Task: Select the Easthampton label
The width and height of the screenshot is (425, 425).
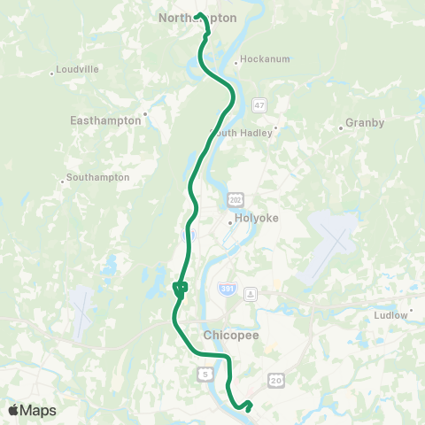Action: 105,120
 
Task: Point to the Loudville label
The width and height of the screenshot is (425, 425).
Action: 76,69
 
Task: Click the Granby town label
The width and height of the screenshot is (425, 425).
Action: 365,123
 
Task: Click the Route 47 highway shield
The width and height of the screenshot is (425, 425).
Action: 259,104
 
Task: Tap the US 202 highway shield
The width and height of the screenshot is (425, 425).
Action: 234,197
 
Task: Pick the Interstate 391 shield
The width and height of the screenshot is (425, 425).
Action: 228,290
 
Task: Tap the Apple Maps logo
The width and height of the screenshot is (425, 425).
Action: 32,410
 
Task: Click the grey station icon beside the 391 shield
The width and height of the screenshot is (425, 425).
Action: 251,293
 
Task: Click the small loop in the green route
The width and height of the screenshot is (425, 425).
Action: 181,287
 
